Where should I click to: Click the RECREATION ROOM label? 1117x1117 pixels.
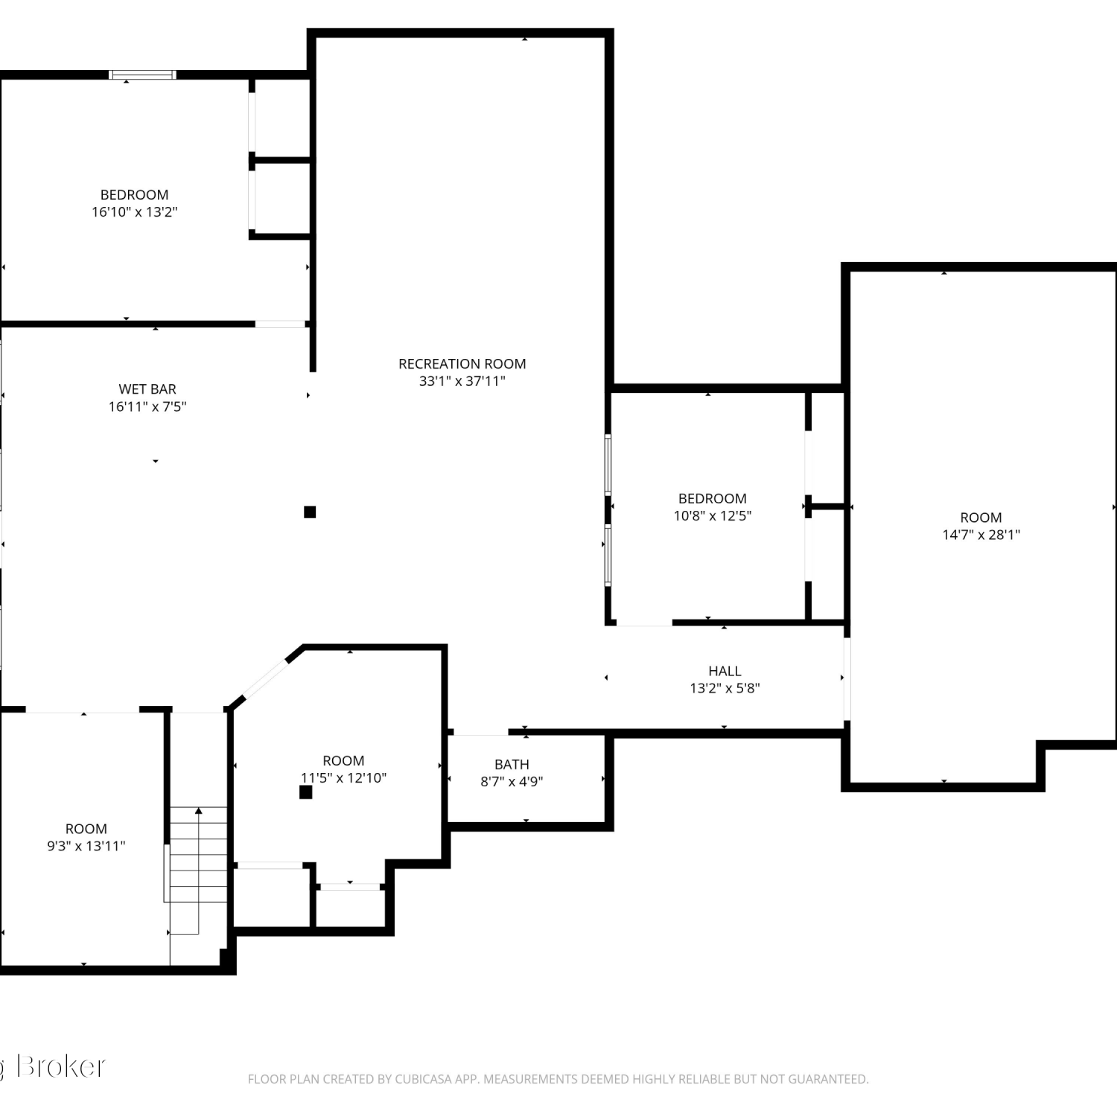[462, 363]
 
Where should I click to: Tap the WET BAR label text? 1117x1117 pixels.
[147, 389]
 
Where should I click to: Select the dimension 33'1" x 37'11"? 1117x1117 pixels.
[462, 381]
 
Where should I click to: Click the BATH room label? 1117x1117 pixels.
[512, 764]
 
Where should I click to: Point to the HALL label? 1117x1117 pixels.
[725, 671]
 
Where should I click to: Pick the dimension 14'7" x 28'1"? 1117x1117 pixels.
[981, 535]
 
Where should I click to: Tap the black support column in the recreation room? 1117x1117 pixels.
[310, 512]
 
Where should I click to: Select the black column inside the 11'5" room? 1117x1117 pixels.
[305, 792]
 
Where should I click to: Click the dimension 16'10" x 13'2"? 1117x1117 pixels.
[134, 212]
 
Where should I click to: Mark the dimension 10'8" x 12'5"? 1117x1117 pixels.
[713, 516]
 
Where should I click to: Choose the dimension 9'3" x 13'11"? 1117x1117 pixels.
[86, 846]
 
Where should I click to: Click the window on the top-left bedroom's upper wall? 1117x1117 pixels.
[142, 74]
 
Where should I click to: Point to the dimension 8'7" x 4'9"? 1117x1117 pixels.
[512, 782]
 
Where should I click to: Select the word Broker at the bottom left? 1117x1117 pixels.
[61, 1066]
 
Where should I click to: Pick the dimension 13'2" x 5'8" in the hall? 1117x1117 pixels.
[725, 689]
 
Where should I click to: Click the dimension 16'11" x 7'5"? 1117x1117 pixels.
[147, 407]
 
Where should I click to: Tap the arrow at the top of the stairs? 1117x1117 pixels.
[198, 811]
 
